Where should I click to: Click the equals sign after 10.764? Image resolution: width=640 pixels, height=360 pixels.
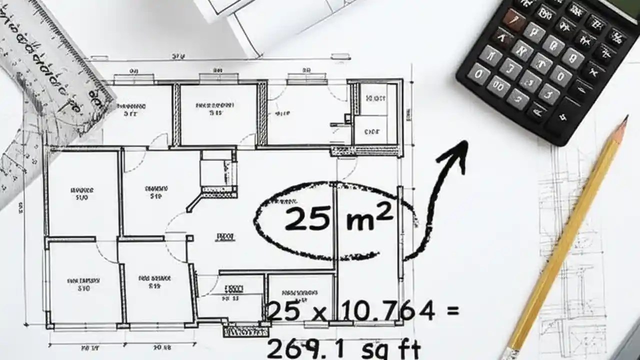pos(451,311)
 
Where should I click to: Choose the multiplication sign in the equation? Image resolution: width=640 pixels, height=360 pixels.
pos(318,314)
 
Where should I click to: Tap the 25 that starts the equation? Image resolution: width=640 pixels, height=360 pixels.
pos(284,311)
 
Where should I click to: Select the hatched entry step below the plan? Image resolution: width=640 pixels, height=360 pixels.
pos(245,331)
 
